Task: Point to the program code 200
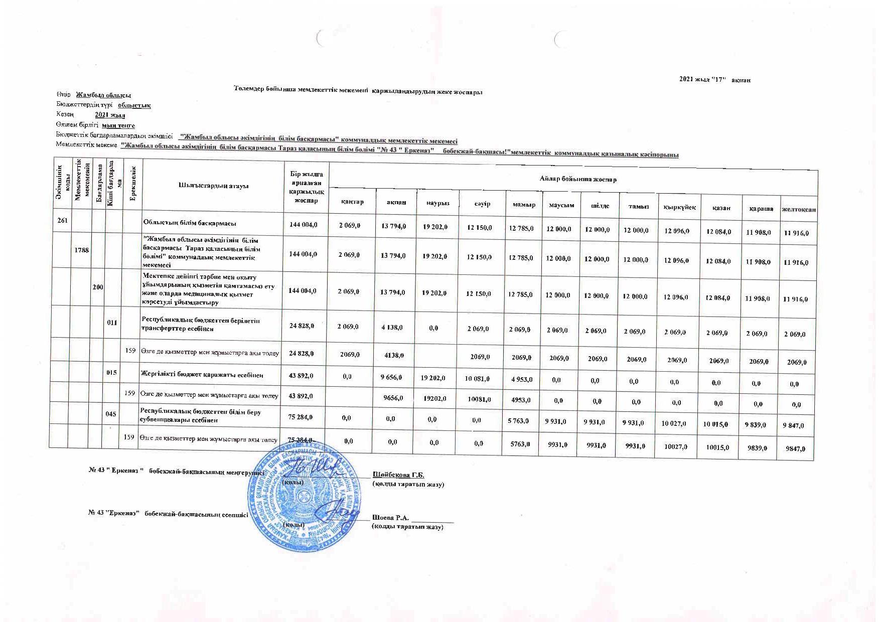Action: coord(98,286)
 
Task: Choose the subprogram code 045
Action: coord(111,414)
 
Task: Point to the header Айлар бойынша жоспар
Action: coord(578,179)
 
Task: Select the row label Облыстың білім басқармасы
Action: coord(190,223)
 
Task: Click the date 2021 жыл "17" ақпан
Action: coord(714,80)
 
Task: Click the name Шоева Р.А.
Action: coord(391,518)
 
